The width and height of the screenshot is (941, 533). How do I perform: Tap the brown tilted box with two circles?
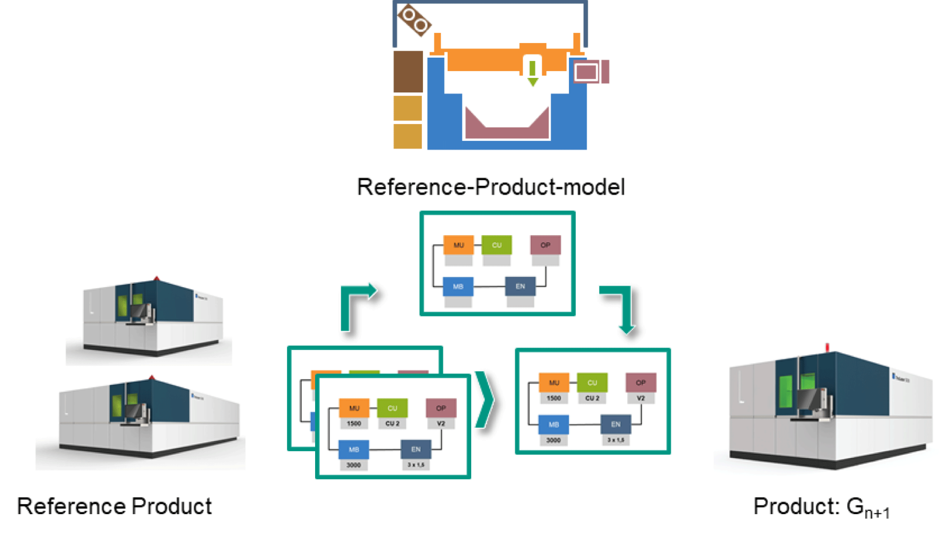click(414, 20)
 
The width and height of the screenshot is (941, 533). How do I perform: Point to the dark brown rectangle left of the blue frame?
click(408, 72)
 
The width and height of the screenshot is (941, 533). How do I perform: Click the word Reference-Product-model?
click(490, 187)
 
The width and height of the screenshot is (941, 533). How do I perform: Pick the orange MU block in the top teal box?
click(459, 245)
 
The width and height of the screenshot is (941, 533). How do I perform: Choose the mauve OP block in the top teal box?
click(545, 245)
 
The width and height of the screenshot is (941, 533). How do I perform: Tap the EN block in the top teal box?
click(520, 286)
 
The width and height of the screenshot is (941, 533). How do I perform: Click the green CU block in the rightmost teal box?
click(592, 383)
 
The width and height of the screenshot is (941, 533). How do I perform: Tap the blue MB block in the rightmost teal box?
click(553, 424)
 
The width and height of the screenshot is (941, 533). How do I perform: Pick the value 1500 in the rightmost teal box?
click(553, 398)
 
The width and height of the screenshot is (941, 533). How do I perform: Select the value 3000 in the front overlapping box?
click(354, 465)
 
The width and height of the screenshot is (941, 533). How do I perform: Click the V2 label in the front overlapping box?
click(441, 424)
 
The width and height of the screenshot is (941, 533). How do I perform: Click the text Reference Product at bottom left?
click(114, 506)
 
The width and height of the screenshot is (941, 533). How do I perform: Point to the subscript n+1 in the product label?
click(877, 513)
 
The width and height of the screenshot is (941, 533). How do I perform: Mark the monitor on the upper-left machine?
click(139, 311)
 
